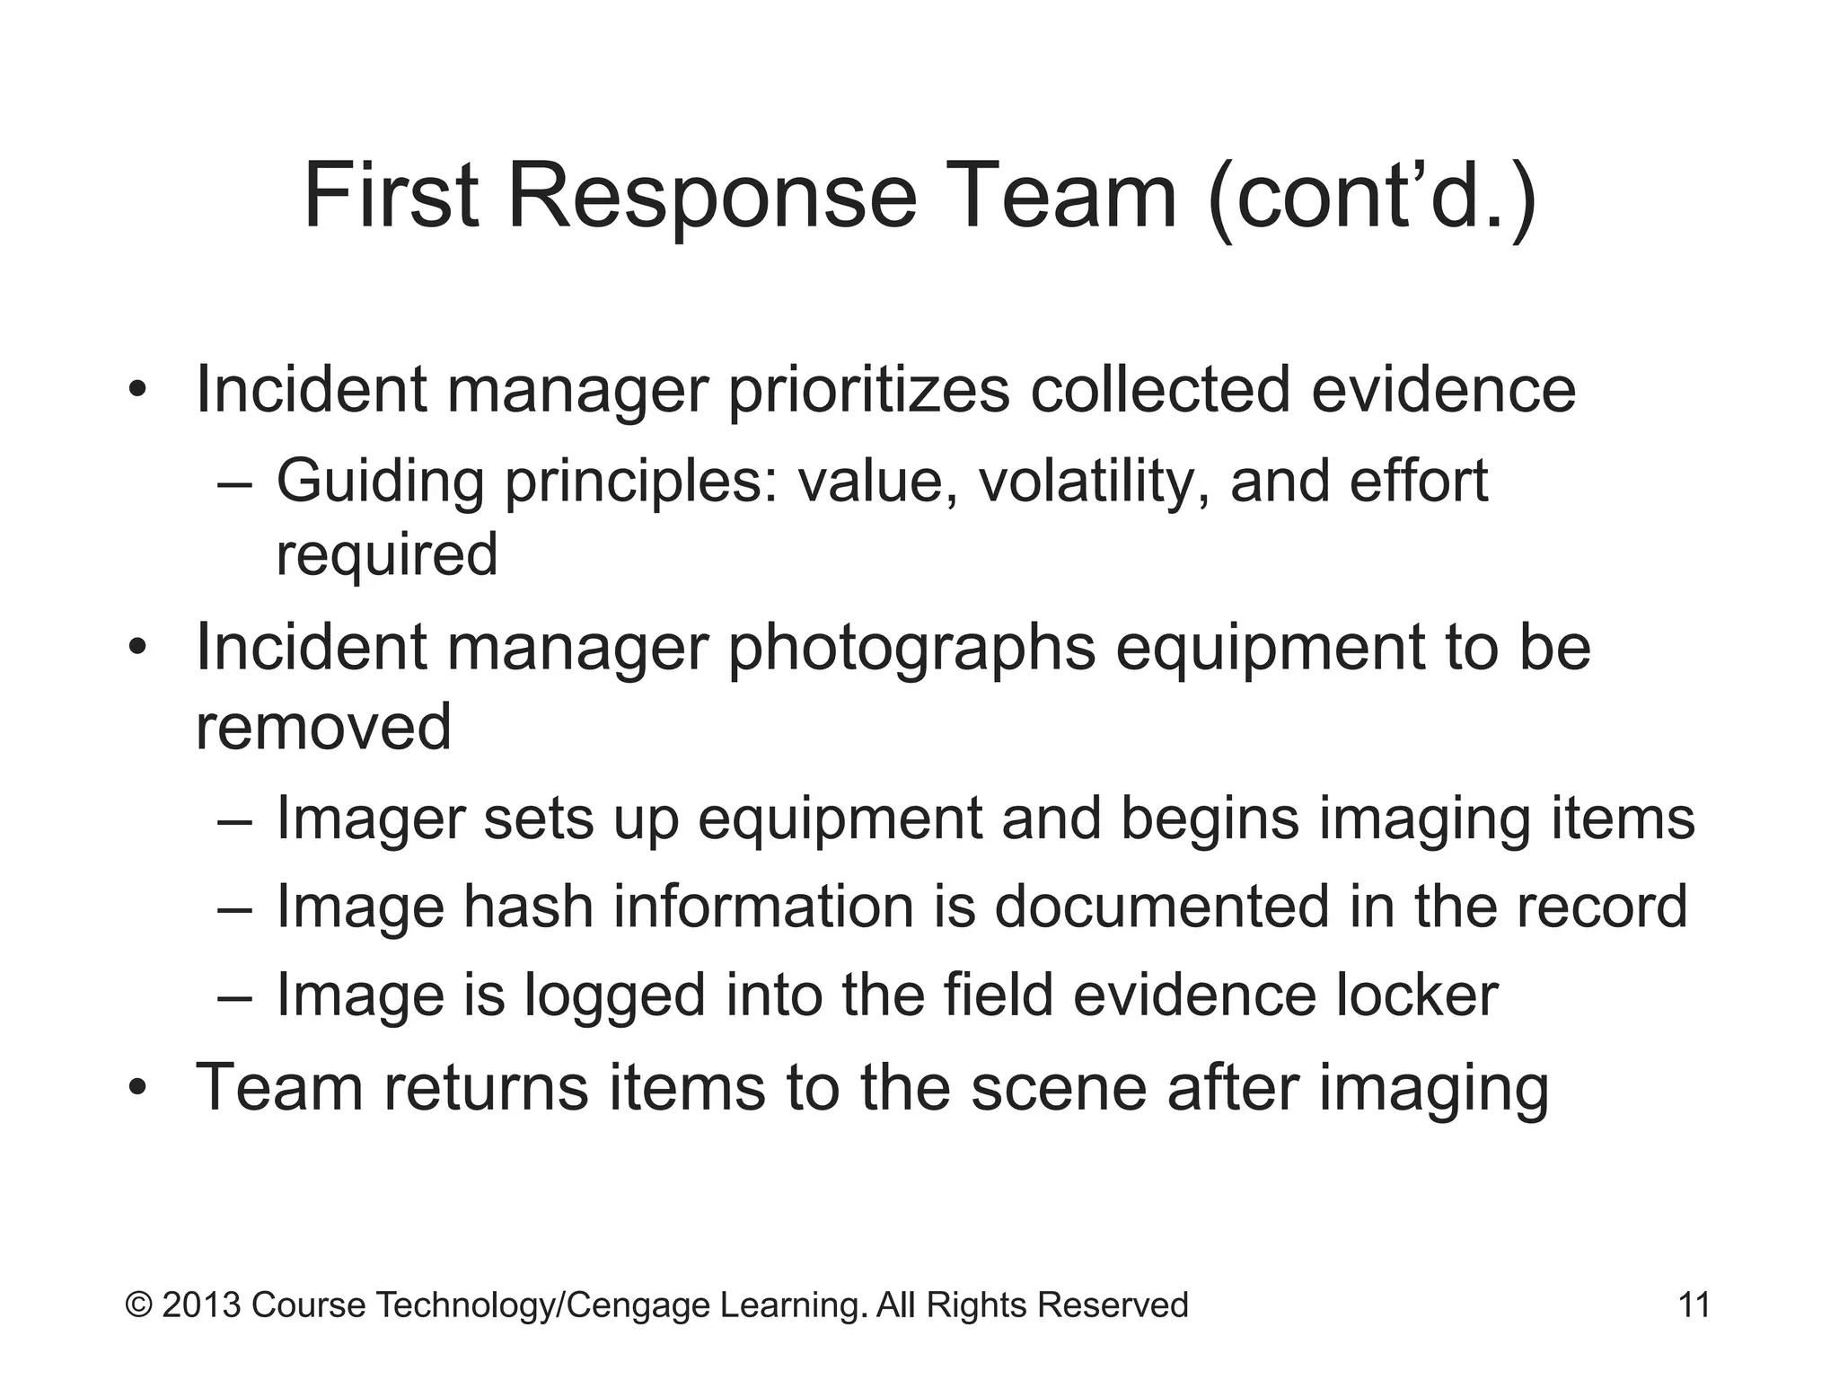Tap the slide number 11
coord(1694,1305)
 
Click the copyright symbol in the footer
coord(139,1305)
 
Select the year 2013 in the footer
coord(201,1305)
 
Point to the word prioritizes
coord(868,391)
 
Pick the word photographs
coord(911,648)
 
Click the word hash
coord(528,907)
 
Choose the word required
coord(386,554)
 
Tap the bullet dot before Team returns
coord(136,1090)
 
